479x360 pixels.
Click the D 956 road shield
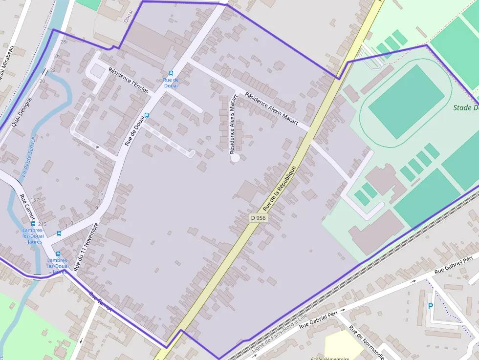click(x=258, y=218)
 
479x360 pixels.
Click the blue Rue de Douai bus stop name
click(x=171, y=83)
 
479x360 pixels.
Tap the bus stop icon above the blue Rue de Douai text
click(x=171, y=73)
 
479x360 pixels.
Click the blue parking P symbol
click(x=430, y=306)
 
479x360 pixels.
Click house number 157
click(x=35, y=200)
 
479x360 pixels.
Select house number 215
click(x=42, y=224)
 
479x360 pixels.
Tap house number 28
click(x=63, y=42)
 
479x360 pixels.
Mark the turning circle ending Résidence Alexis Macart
click(x=235, y=157)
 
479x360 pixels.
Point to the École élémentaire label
click(x=330, y=358)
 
